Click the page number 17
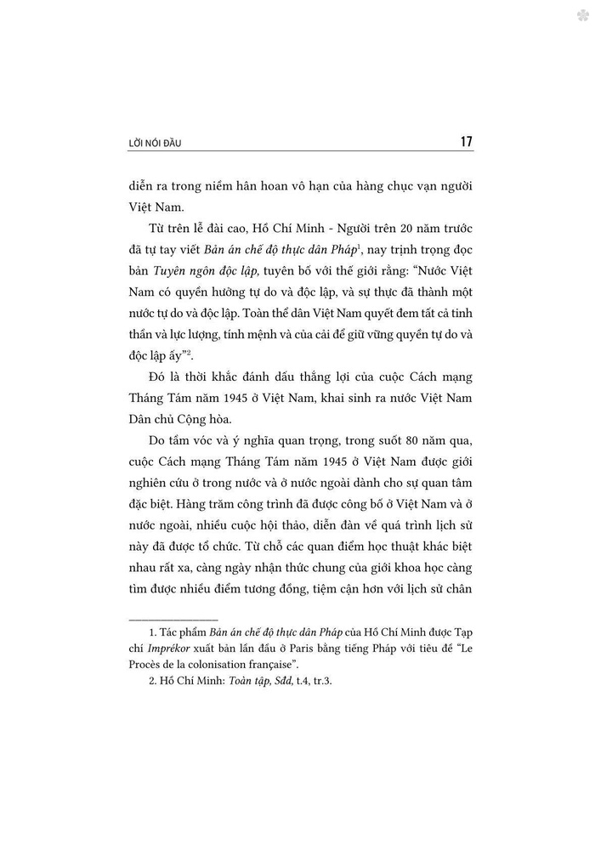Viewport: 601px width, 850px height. tap(465, 142)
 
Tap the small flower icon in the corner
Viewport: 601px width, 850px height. tap(582, 15)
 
